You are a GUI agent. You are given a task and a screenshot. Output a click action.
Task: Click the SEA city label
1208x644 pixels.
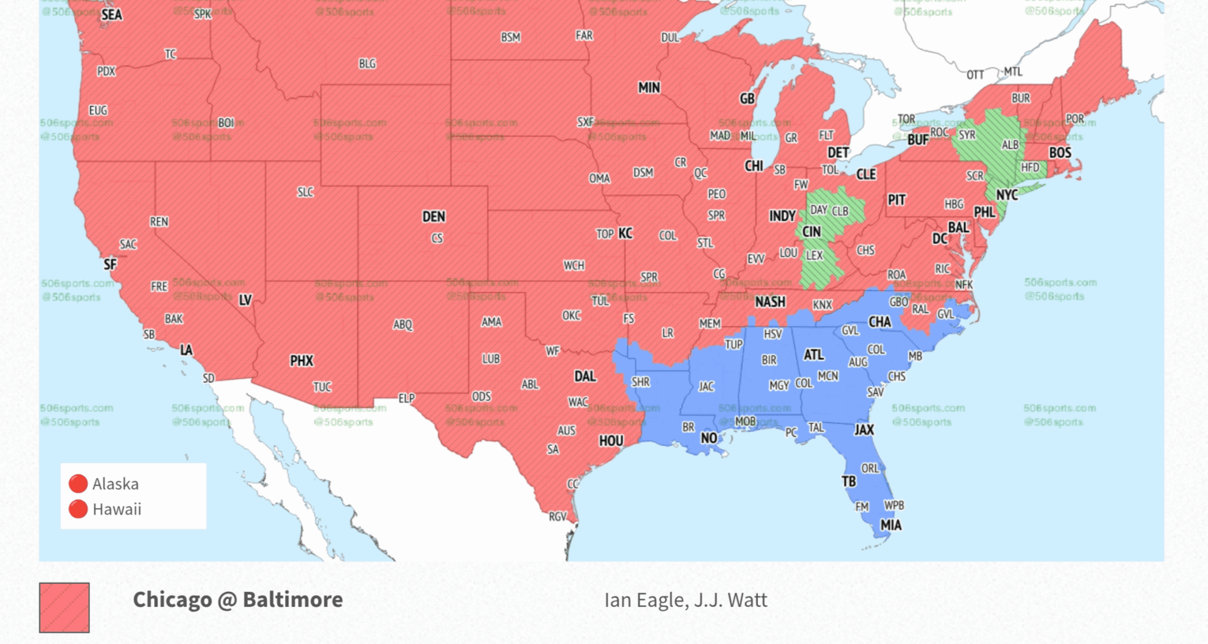pos(111,14)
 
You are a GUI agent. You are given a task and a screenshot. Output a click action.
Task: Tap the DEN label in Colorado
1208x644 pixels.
pos(433,217)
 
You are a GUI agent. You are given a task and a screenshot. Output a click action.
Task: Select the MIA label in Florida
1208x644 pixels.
pos(890,525)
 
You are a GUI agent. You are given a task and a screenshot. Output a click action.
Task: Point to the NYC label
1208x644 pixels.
pos(1007,195)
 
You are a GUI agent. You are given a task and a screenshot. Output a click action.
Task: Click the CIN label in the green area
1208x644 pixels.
pos(811,232)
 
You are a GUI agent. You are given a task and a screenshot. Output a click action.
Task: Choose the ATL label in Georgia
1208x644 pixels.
pos(814,355)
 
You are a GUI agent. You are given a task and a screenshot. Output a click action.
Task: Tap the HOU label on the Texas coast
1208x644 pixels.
pos(610,441)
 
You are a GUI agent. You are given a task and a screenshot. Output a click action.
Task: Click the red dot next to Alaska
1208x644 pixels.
pos(78,484)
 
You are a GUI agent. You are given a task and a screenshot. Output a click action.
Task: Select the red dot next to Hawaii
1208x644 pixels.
pos(78,509)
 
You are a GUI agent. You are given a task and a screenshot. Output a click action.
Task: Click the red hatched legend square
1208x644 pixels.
pos(64,608)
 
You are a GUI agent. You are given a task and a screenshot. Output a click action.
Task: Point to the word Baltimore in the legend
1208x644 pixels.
pos(293,600)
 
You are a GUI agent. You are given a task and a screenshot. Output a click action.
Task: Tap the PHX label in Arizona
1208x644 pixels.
pos(301,361)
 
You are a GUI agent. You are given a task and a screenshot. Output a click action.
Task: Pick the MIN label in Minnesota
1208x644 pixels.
pos(649,88)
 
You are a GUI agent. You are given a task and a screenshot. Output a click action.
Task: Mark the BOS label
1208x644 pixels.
pos(1060,153)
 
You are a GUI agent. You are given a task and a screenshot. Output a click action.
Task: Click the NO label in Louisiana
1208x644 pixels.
pos(708,438)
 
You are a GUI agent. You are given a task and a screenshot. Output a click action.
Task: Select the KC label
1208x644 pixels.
pos(625,233)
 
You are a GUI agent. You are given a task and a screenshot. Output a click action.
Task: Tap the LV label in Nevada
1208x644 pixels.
pos(245,301)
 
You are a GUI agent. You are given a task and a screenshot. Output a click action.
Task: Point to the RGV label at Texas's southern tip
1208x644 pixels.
pos(557,517)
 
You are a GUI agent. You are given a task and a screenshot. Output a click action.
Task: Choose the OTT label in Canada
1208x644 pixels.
pos(975,75)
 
